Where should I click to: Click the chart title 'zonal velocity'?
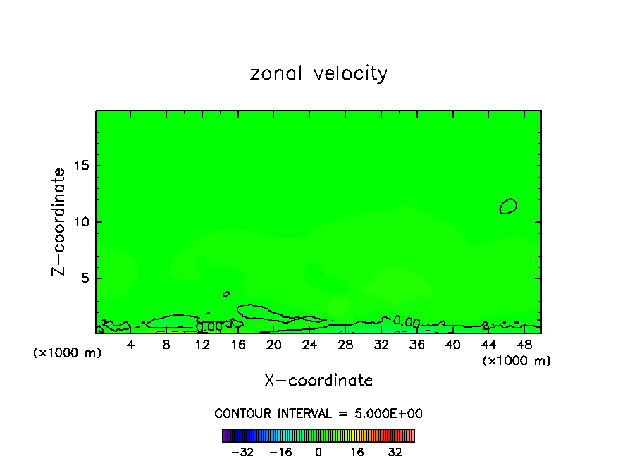click(318, 73)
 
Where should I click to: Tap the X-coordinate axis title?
click(318, 381)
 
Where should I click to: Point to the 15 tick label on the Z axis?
click(80, 166)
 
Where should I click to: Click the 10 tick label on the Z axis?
click(80, 222)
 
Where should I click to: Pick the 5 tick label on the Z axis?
click(84, 278)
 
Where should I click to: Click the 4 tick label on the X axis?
click(131, 345)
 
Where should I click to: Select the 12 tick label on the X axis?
click(202, 345)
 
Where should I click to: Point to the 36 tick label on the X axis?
click(416, 345)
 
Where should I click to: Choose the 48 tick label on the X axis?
click(524, 345)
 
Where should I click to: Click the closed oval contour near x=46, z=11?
click(508, 206)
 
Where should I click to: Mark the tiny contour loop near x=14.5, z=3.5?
click(226, 293)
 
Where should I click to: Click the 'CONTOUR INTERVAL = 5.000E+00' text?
click(318, 413)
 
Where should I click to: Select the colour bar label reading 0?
click(318, 452)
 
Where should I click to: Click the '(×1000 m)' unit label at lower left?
click(67, 353)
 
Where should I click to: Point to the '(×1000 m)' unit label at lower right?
click(517, 361)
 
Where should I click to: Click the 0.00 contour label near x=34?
click(407, 321)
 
